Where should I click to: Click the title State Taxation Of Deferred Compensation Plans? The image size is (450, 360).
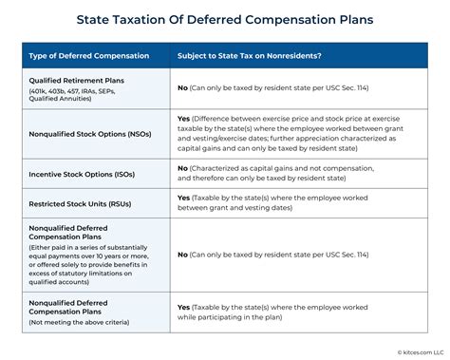(225, 17)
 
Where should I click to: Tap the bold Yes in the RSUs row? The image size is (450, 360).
(184, 197)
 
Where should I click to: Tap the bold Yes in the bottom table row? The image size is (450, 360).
(184, 308)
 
